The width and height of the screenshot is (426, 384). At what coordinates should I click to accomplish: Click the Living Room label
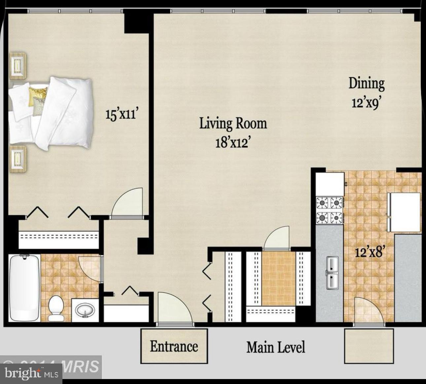coord(233,123)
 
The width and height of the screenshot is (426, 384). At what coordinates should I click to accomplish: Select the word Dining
coord(367,83)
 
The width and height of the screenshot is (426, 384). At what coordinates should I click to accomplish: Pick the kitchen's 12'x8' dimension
coord(370,252)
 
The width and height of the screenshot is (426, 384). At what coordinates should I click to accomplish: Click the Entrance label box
coord(174,346)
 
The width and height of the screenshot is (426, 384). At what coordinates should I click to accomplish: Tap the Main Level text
coord(276,347)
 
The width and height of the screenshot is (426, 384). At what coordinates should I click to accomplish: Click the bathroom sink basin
coord(85,310)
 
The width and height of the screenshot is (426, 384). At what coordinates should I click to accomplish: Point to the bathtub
coord(24,288)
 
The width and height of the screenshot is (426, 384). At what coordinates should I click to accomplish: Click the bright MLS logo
coord(31,373)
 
